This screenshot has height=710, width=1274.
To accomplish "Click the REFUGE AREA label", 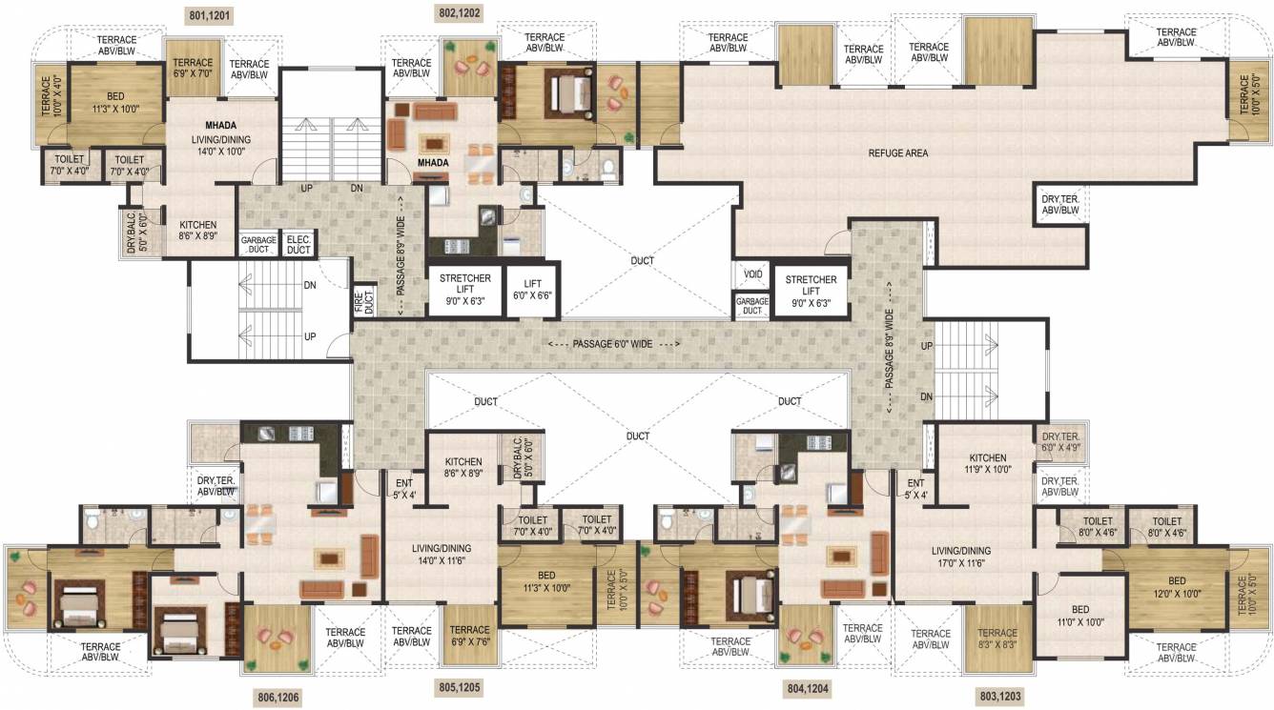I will [x=897, y=152].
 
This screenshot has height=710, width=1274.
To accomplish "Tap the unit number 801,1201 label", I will [x=212, y=15].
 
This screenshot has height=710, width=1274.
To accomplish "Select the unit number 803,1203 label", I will [x=998, y=698].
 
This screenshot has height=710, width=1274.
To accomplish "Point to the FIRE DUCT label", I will [x=362, y=299].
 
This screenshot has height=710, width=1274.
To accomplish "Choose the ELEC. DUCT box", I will [x=298, y=245].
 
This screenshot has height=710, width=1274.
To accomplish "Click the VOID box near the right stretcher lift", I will [x=752, y=274].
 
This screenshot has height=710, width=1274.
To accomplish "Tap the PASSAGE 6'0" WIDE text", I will [x=613, y=343].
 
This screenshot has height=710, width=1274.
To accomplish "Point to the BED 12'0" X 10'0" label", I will [x=1177, y=587].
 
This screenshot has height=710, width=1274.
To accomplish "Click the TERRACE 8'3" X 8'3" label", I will [x=997, y=639].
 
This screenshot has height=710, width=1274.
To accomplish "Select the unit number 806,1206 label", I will [x=277, y=698].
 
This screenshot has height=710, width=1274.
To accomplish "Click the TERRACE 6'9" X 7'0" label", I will [x=193, y=67].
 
